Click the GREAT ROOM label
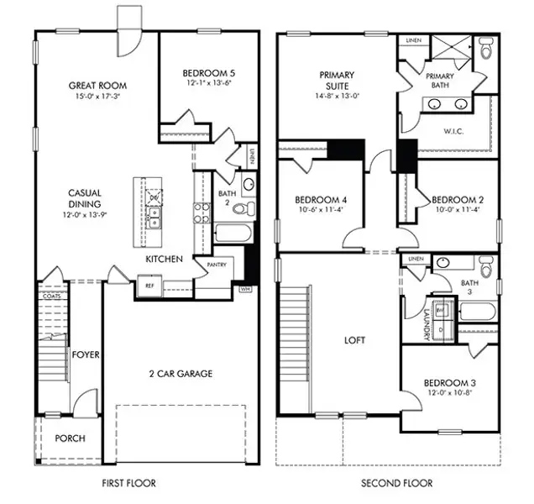(97, 85)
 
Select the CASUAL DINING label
(85, 198)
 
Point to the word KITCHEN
(164, 260)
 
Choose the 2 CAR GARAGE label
(181, 373)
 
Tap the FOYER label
(85, 354)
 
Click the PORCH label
(70, 438)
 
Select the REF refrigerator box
(149, 286)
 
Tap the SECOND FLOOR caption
(396, 483)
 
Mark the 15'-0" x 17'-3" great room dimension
(97, 97)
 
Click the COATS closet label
(48, 296)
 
